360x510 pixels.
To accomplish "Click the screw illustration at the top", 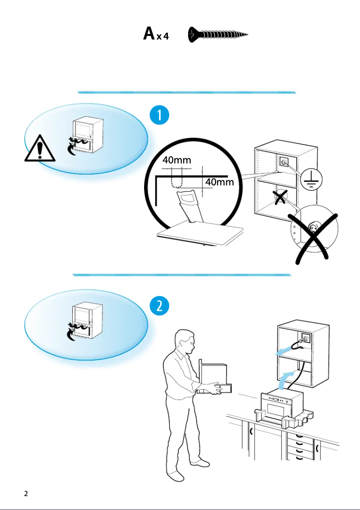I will coord(218,34).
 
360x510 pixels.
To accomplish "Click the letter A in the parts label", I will coord(149,34).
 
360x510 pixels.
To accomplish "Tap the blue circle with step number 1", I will coord(159,116).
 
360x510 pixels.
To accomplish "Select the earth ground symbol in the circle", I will coord(310,180).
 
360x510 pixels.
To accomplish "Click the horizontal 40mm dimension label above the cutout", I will coord(176,160).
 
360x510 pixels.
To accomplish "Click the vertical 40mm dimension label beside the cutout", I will coord(220,182).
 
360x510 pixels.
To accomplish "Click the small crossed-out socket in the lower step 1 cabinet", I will coord(281,197).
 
